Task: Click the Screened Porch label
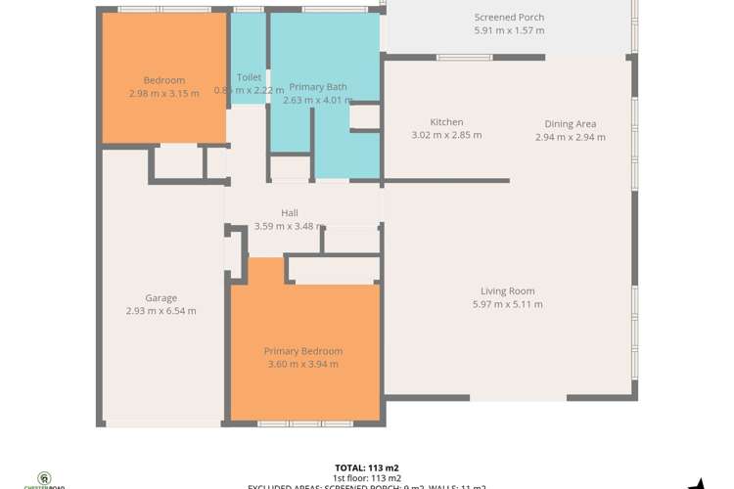[x=509, y=18]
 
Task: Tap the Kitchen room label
[x=446, y=122]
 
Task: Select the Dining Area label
[x=571, y=124]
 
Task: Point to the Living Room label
[x=507, y=290]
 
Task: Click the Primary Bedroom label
[x=303, y=351]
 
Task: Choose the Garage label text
[x=161, y=298]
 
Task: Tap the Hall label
[x=290, y=213]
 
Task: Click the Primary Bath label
[x=318, y=86]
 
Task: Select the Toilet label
[x=249, y=77]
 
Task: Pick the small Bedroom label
[x=163, y=80]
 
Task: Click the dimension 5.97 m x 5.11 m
[x=507, y=304]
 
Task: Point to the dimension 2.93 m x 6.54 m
[x=161, y=311]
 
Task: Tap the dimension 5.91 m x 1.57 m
[x=509, y=30]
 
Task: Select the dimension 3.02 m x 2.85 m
[x=446, y=135]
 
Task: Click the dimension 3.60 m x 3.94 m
[x=303, y=364]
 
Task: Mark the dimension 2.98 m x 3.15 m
[x=163, y=93]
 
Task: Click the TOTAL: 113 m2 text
[x=366, y=467]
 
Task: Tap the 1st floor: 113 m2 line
[x=366, y=477]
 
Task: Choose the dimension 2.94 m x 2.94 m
[x=571, y=137]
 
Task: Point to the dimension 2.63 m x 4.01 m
[x=316, y=99]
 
